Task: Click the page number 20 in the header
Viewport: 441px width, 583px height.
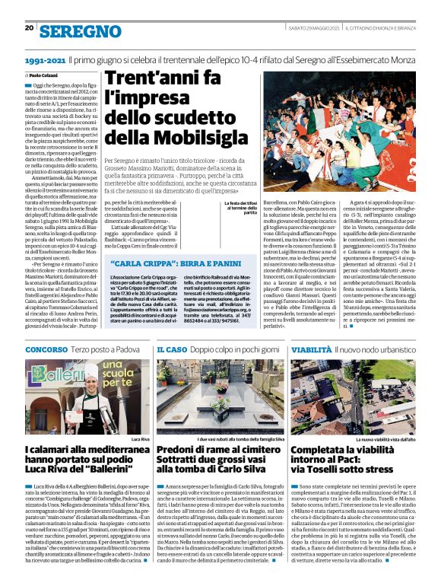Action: pos(29,28)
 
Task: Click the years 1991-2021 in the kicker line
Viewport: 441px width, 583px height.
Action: pos(45,59)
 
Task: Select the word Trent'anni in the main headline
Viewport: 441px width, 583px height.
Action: pos(163,78)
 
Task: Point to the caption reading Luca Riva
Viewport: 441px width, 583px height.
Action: pos(140,440)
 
